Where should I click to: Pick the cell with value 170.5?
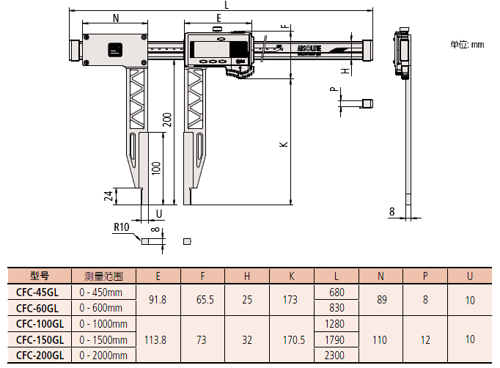point(292,339)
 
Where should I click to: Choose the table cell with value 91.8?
point(158,300)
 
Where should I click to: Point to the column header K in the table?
point(292,276)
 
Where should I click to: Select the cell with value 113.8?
point(158,339)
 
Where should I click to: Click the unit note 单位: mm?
point(467,45)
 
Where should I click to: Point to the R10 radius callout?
point(122,227)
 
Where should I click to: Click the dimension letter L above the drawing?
point(227,5)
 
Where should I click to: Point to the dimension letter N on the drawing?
point(116,19)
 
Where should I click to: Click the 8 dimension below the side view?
point(393,212)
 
